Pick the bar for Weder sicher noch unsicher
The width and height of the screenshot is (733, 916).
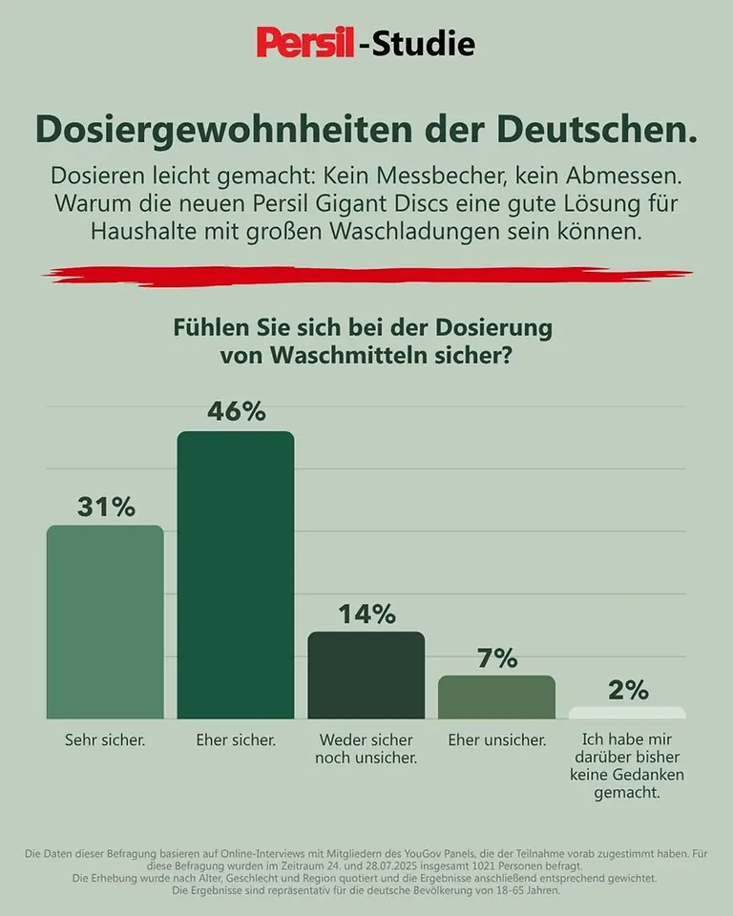pyautogui.click(x=366, y=675)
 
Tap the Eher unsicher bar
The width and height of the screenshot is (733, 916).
pyautogui.click(x=496, y=697)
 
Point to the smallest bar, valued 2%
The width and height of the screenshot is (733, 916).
pyautogui.click(x=627, y=713)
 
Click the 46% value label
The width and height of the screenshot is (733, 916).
pyautogui.click(x=236, y=411)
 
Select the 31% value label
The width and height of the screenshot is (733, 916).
pyautogui.click(x=106, y=507)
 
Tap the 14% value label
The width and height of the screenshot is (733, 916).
pyautogui.click(x=366, y=614)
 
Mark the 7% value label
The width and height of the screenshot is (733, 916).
pyautogui.click(x=496, y=657)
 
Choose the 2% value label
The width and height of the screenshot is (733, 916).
pyautogui.click(x=628, y=690)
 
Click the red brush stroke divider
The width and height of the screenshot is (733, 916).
pyautogui.click(x=366, y=275)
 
